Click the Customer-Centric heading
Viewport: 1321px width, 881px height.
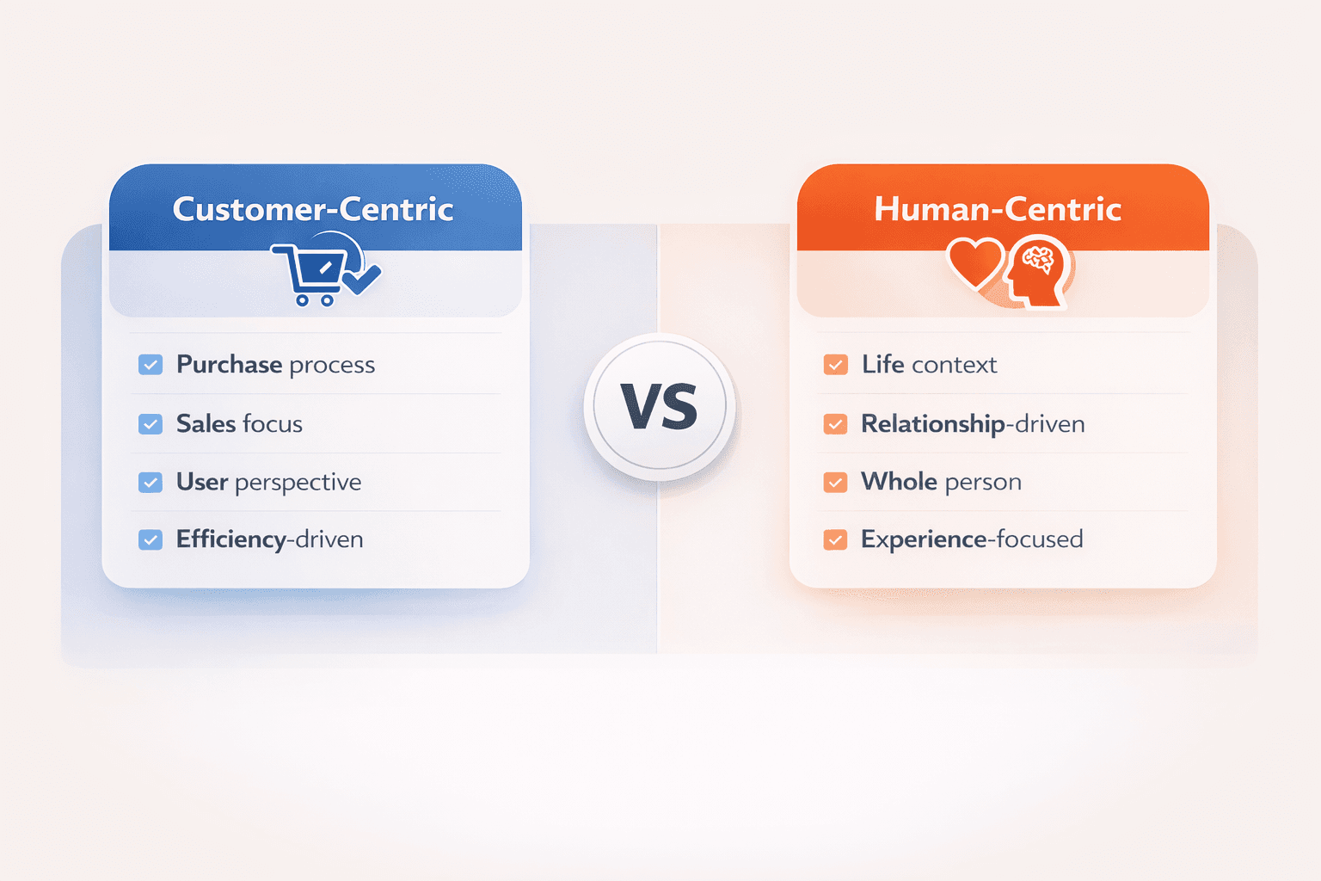pos(313,209)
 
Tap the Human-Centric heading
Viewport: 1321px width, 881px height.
pos(998,209)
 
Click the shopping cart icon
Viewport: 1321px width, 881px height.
pos(310,274)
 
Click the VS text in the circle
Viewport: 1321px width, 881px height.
pos(660,407)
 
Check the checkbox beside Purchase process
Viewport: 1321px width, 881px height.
pos(151,365)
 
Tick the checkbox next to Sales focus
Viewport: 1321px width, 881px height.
pos(151,423)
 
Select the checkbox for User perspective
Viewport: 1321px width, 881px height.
pos(151,482)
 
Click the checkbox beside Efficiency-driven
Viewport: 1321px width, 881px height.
pos(151,539)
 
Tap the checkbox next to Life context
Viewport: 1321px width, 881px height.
pos(836,365)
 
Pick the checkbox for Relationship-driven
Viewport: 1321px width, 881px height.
pos(836,423)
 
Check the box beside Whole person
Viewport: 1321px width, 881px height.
pos(836,482)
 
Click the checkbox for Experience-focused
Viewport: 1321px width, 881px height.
pos(836,539)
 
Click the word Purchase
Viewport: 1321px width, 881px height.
pos(230,365)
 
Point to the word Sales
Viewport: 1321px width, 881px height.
pos(206,423)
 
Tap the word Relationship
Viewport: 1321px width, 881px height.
pos(933,424)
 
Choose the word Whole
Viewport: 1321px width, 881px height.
pos(900,482)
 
